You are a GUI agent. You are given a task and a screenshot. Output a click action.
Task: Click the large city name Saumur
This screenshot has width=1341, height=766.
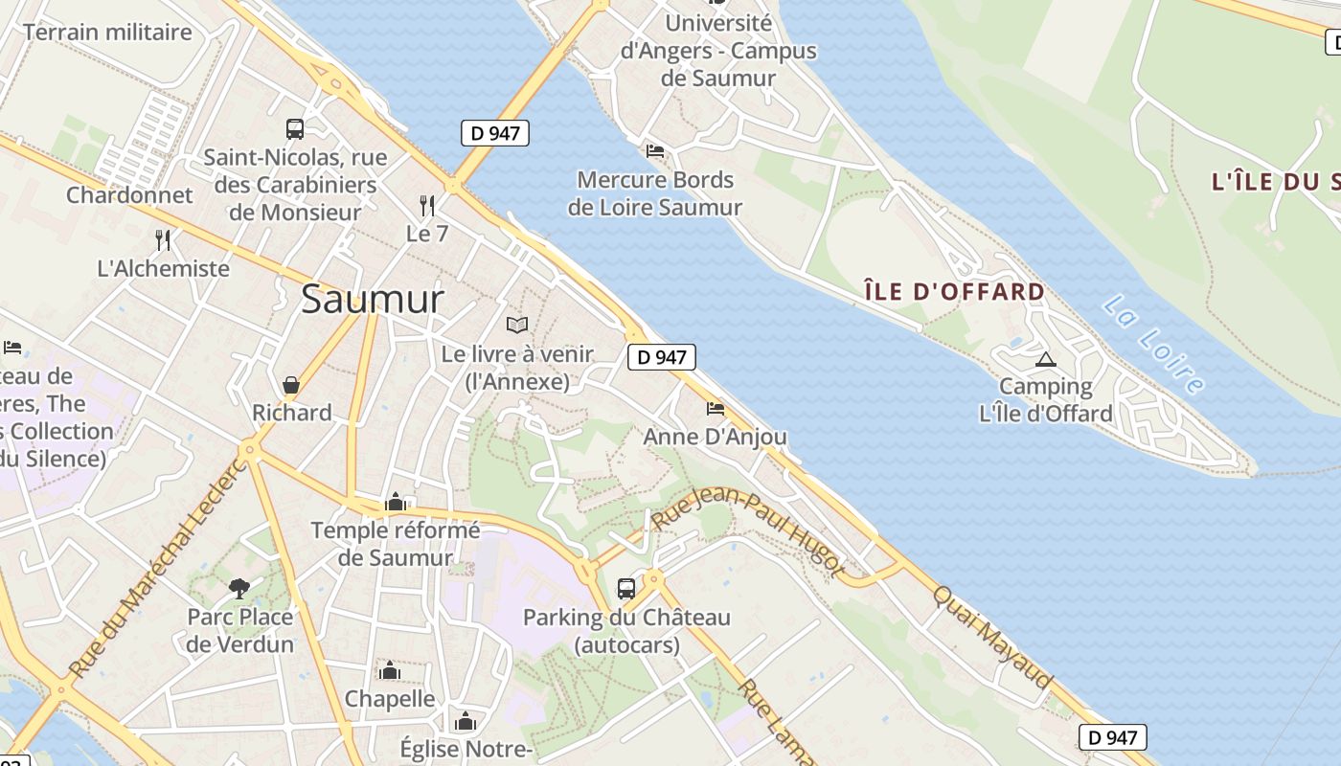373,300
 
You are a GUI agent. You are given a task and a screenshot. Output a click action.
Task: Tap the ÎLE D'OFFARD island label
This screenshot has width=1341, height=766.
954,291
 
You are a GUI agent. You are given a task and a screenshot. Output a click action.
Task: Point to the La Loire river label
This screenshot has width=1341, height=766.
1152,344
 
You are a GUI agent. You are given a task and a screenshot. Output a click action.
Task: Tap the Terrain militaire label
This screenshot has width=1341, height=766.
107,32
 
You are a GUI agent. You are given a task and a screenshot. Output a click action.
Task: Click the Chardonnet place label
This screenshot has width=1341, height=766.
129,195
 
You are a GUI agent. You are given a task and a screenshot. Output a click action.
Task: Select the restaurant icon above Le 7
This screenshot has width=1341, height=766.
427,206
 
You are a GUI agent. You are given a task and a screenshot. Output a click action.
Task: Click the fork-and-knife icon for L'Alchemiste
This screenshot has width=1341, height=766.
163,239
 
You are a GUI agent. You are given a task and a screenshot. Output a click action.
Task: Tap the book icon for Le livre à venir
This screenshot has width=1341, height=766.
517,326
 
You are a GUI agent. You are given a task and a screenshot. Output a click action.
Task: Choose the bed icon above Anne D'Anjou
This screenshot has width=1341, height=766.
715,409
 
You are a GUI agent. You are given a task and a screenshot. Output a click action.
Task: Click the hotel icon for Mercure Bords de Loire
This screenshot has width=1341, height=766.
655,151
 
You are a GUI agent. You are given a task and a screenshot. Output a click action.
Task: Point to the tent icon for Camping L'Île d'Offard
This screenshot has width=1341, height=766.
1045,359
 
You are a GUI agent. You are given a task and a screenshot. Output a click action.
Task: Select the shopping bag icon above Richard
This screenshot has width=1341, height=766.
291,385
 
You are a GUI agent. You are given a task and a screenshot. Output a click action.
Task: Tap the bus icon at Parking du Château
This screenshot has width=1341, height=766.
626,588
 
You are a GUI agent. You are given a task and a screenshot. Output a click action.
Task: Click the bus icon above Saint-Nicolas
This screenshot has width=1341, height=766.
295,129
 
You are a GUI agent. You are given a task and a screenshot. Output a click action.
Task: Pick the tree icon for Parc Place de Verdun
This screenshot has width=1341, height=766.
239,588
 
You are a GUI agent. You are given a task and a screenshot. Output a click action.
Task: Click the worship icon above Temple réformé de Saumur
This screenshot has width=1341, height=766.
395,502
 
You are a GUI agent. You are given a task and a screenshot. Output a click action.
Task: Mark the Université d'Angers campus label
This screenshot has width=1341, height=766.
718,50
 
